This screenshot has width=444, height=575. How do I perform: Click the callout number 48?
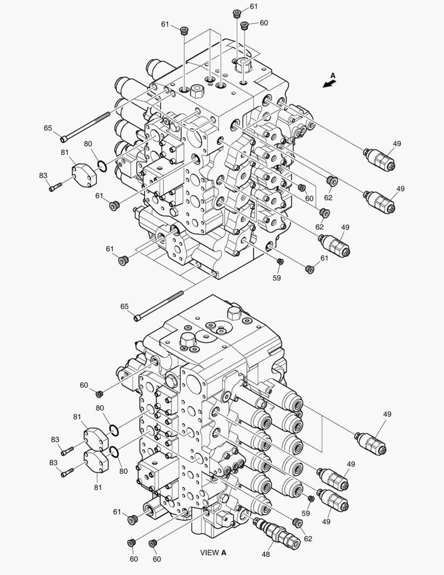(265, 554)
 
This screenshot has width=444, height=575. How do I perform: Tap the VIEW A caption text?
(213, 552)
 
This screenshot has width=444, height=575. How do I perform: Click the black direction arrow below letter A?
(329, 84)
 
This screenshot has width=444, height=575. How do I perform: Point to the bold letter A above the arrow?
(333, 76)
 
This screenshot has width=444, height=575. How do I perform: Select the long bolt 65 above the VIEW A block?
(158, 306)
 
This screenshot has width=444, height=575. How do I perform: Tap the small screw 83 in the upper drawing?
(55, 187)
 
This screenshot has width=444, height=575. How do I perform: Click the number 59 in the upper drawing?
(277, 278)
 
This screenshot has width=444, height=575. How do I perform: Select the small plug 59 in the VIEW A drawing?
(312, 498)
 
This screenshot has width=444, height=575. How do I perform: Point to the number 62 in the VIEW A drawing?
(308, 539)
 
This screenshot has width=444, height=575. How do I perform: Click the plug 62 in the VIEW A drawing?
(298, 522)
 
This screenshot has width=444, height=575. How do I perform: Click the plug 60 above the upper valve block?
(245, 26)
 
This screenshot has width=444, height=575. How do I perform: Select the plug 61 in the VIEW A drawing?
(133, 519)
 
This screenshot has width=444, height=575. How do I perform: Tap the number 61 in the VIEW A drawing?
(117, 512)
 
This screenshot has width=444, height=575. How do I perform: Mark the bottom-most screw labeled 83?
(68, 473)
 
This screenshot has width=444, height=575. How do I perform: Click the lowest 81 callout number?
(98, 487)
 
